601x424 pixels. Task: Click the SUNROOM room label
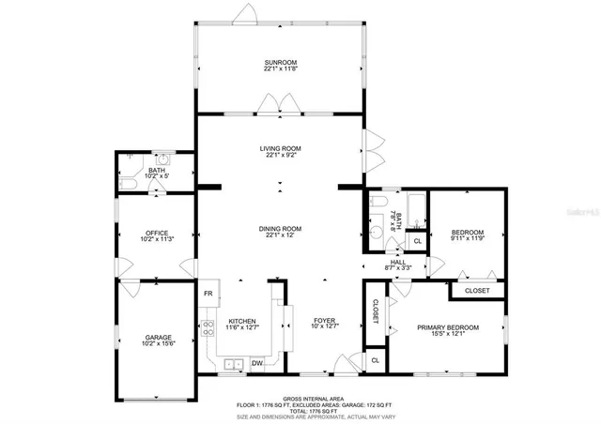(281, 62)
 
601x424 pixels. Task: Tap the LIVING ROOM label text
(280, 148)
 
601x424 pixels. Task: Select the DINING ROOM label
(280, 228)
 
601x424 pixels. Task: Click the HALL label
(397, 263)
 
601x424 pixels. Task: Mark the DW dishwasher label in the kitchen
(256, 362)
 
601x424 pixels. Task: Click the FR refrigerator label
(208, 294)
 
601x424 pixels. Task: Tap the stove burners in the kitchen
(208, 328)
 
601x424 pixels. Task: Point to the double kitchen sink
(232, 364)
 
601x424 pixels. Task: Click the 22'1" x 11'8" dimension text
(281, 69)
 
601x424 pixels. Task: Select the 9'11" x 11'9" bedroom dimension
(467, 239)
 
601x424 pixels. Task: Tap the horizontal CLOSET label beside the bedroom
(477, 291)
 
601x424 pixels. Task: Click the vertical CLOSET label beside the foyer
(374, 312)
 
